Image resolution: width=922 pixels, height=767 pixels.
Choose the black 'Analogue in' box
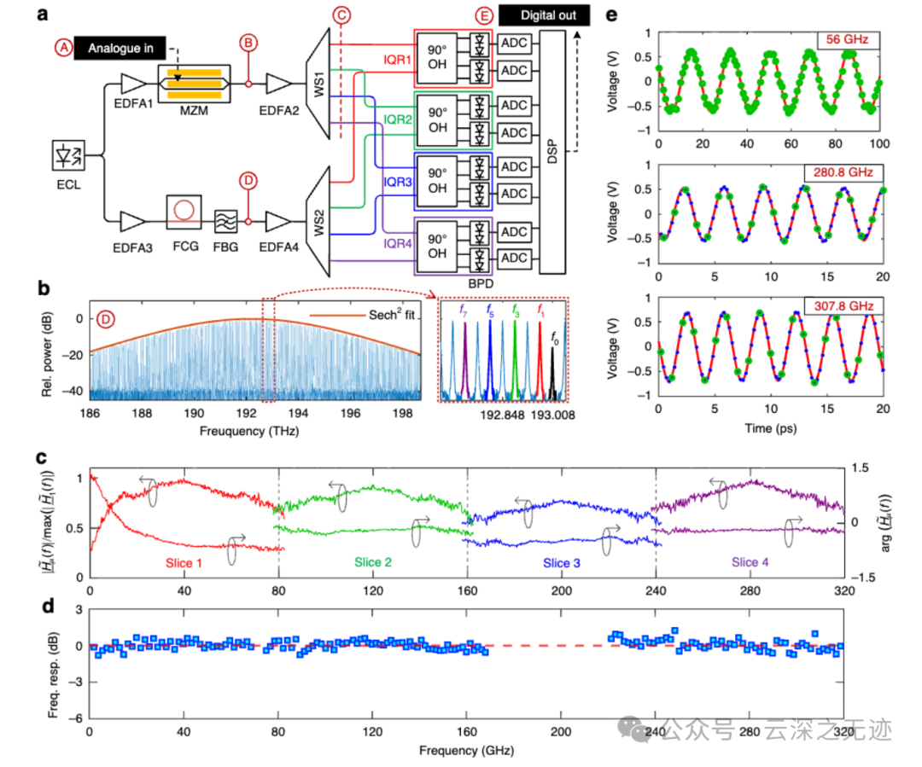pos(118,49)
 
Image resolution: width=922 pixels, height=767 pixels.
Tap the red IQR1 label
pos(398,61)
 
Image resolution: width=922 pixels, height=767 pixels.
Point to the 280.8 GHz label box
pos(838,173)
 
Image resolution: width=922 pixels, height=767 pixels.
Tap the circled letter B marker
pos(248,42)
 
